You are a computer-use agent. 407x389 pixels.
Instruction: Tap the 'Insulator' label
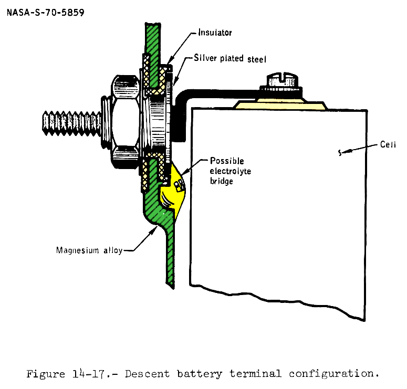pyautogui.click(x=215, y=33)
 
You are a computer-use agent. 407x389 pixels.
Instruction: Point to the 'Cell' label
pyautogui.click(x=388, y=144)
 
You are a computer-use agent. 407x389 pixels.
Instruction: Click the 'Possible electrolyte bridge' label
pyautogui.click(x=228, y=171)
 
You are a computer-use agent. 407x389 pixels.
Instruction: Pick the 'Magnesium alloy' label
pyautogui.click(x=89, y=250)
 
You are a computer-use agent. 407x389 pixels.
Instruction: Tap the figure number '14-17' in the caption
pyautogui.click(x=85, y=374)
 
